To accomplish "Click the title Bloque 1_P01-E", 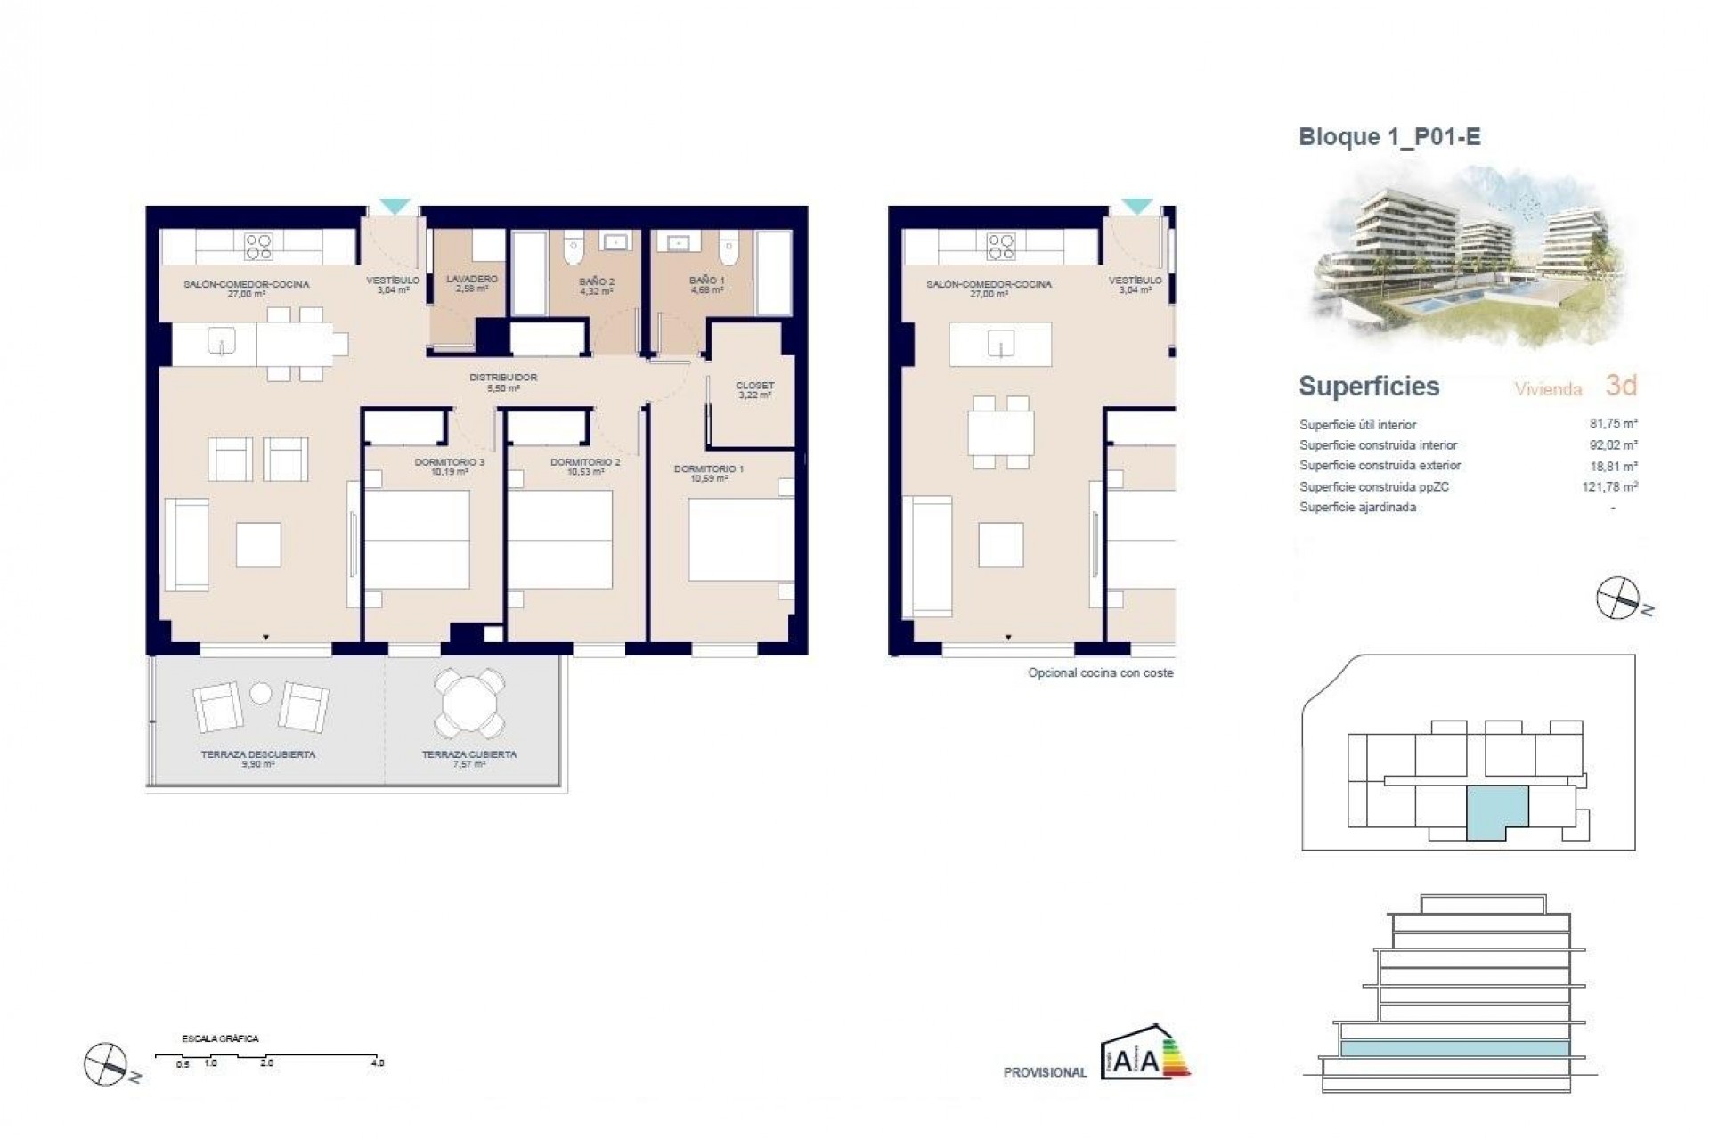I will pos(1389,137).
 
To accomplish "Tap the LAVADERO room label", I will pos(471,280).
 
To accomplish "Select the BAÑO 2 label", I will pos(596,281).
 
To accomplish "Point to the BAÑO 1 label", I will pos(706,281).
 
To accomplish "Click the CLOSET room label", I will pos(754,386).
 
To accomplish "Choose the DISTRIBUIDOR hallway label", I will pos(503,378).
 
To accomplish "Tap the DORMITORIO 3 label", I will pos(449,463).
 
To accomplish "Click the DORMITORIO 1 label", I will pos(709,468).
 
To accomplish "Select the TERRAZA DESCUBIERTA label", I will pos(257,754).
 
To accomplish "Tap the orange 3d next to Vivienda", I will pos(1621,386).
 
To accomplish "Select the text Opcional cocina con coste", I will pos(1100,673).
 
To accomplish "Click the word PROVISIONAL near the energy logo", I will pos(1045,1072).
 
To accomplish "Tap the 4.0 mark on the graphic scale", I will pos(378,1063).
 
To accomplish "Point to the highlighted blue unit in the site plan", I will pos(1496,810).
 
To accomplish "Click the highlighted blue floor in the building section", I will pos(1454,1048).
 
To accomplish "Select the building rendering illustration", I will pos(1465,258).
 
